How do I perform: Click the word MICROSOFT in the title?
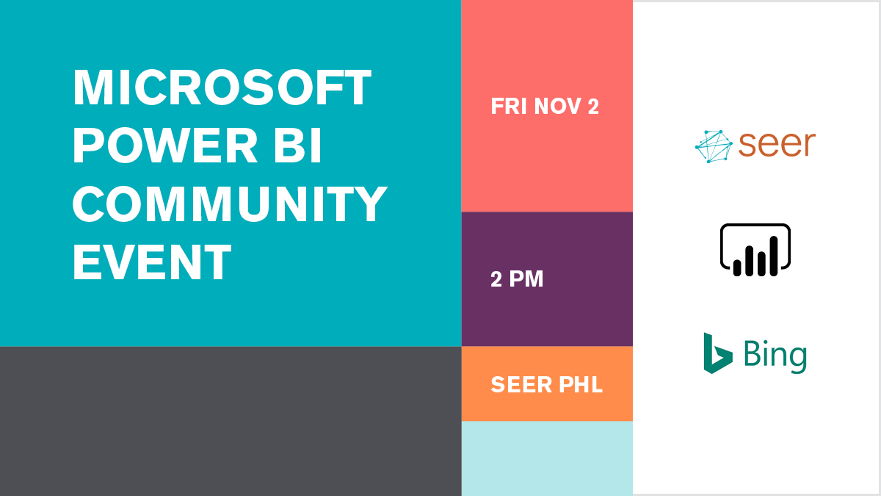point(222,87)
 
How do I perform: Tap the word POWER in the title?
point(164,145)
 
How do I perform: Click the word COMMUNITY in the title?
point(230,204)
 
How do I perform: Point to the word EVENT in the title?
point(152,262)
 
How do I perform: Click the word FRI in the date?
point(509,107)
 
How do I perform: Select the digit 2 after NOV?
point(593,107)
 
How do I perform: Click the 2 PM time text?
point(517,279)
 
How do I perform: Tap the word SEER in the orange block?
point(521,384)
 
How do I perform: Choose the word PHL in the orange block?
point(581,384)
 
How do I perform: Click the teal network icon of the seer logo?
point(714,146)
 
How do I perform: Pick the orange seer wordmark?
point(777,144)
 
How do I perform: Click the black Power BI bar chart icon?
point(755,250)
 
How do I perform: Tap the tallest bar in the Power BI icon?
point(774,256)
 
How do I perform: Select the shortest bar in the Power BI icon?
point(737,267)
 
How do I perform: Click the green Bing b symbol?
point(718,353)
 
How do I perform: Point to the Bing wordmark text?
point(775,356)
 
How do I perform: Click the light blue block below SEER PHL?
point(547,459)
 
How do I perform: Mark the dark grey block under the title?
point(231,421)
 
